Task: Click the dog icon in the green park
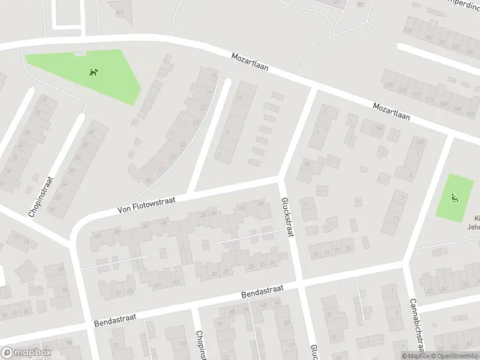tap(94, 73)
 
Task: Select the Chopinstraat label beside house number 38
tap(41, 196)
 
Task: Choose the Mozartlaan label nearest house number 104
tap(391, 112)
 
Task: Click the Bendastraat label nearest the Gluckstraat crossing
tap(261, 292)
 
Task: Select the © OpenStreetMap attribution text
tap(453, 356)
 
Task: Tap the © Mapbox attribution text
tap(413, 356)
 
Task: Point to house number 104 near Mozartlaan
tap(379, 128)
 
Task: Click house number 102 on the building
tap(419, 141)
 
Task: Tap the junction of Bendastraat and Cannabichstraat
tap(406, 262)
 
